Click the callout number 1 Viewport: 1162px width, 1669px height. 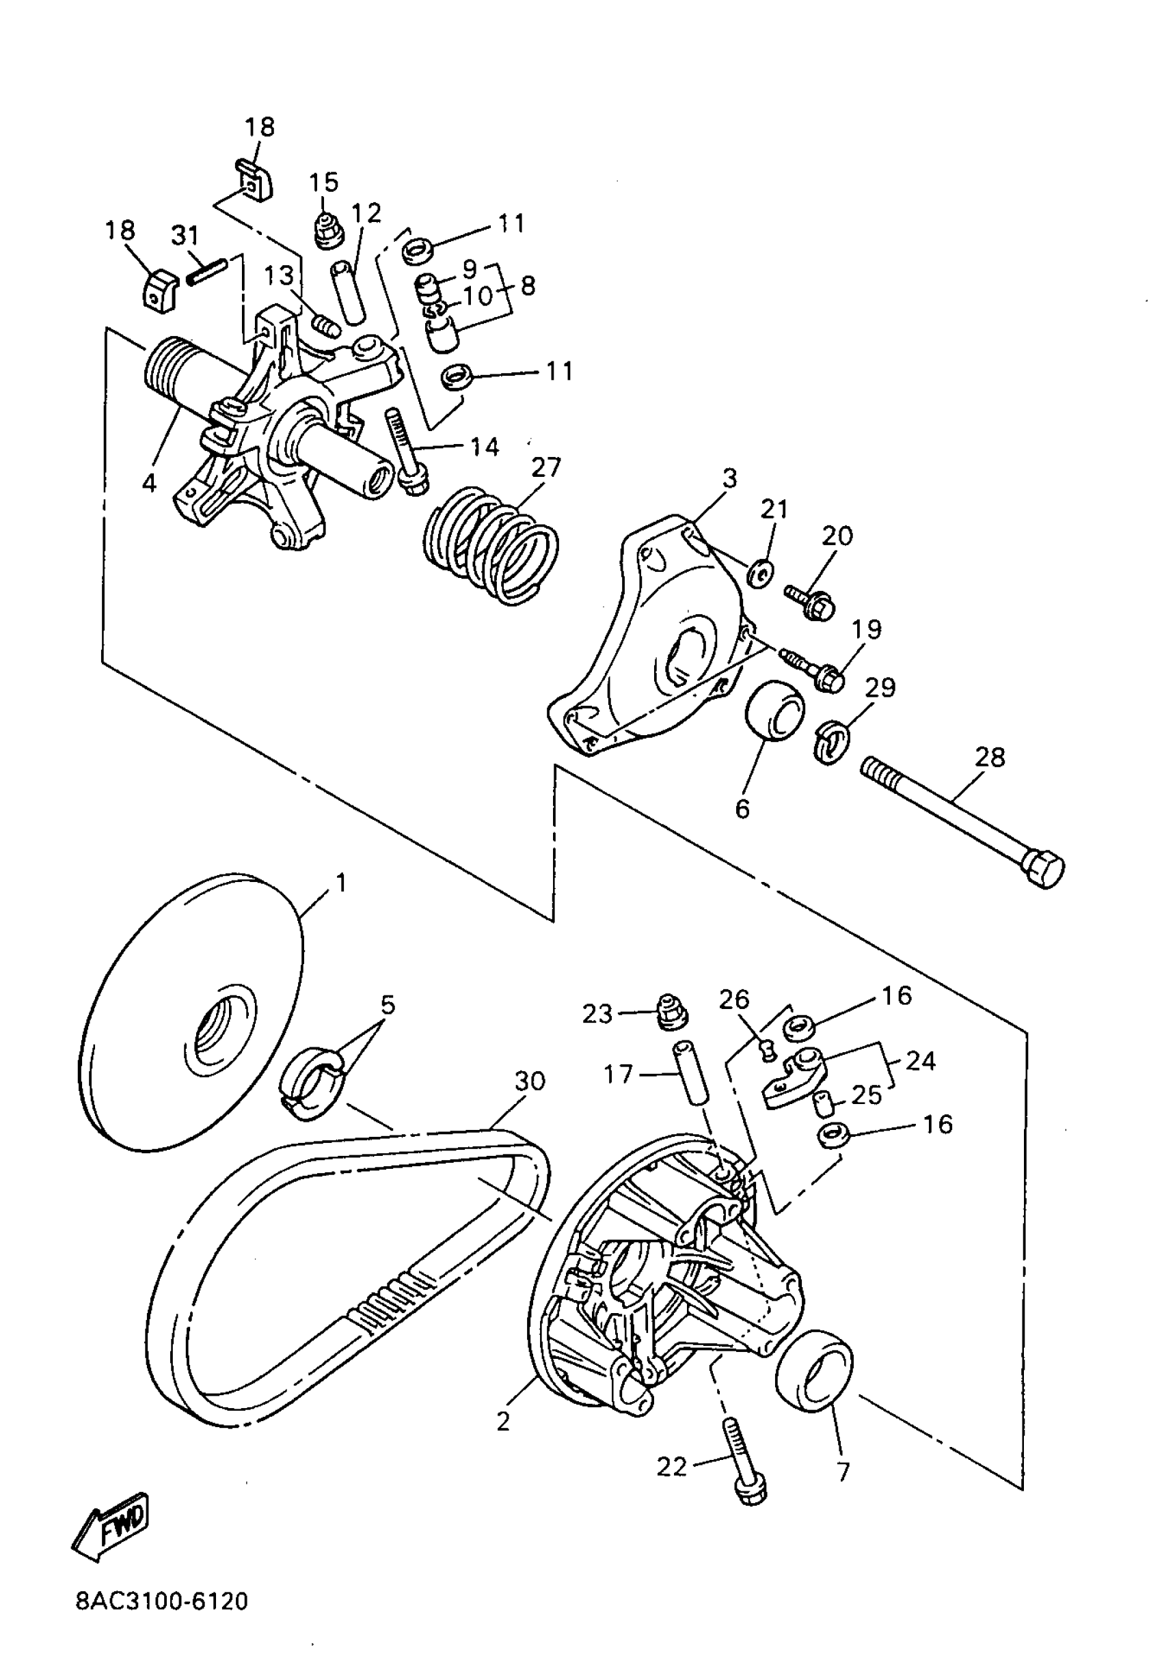point(340,883)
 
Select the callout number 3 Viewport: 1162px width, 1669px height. point(729,478)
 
